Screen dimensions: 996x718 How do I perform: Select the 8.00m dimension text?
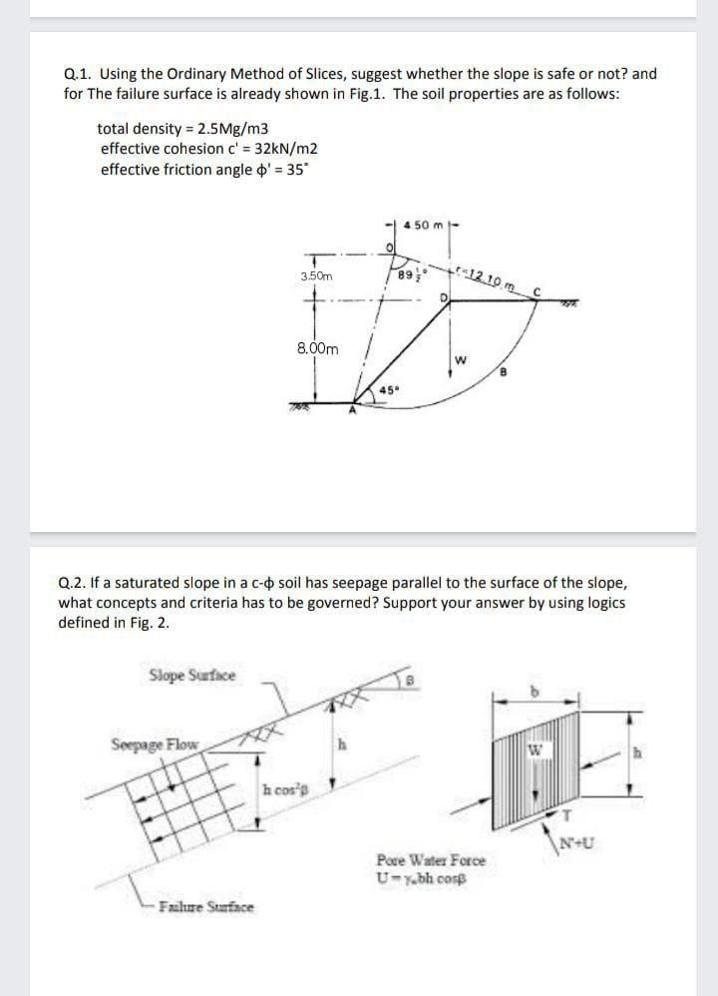[317, 349]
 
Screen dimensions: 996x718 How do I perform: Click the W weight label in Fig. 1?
[461, 360]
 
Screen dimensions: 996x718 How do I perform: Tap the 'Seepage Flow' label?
[155, 744]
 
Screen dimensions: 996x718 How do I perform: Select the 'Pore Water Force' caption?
[431, 859]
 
